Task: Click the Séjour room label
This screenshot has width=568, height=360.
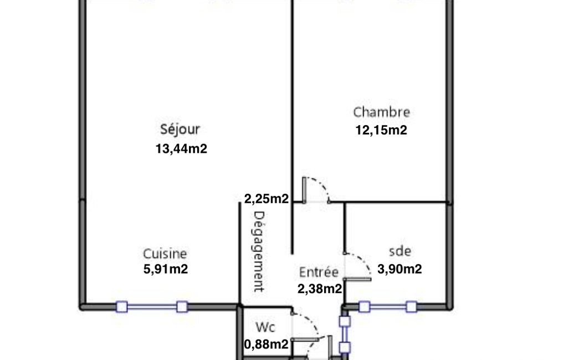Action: coord(180,129)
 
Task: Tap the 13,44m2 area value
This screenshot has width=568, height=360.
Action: coord(181,149)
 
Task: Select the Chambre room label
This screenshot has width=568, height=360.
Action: coord(381,112)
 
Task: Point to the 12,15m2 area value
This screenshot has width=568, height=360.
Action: coord(381,130)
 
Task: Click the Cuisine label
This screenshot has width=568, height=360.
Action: coord(165,254)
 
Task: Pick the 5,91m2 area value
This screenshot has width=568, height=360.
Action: coord(166,269)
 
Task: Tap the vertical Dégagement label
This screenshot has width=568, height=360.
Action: coord(258,251)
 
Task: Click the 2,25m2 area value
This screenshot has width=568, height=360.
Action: coord(266,198)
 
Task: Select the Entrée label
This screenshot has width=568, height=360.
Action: coord(319,272)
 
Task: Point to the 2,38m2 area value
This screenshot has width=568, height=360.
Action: coord(320,289)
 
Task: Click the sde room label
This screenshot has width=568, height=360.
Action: coord(400,251)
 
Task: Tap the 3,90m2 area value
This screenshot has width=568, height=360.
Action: coord(400,269)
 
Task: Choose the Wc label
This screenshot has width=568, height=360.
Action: coord(265,327)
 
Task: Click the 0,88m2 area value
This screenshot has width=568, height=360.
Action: coord(266,344)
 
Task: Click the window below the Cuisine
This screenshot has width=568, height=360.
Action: coord(152,307)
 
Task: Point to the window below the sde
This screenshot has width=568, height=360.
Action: coord(387,307)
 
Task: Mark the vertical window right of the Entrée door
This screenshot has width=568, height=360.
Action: coord(345,335)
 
